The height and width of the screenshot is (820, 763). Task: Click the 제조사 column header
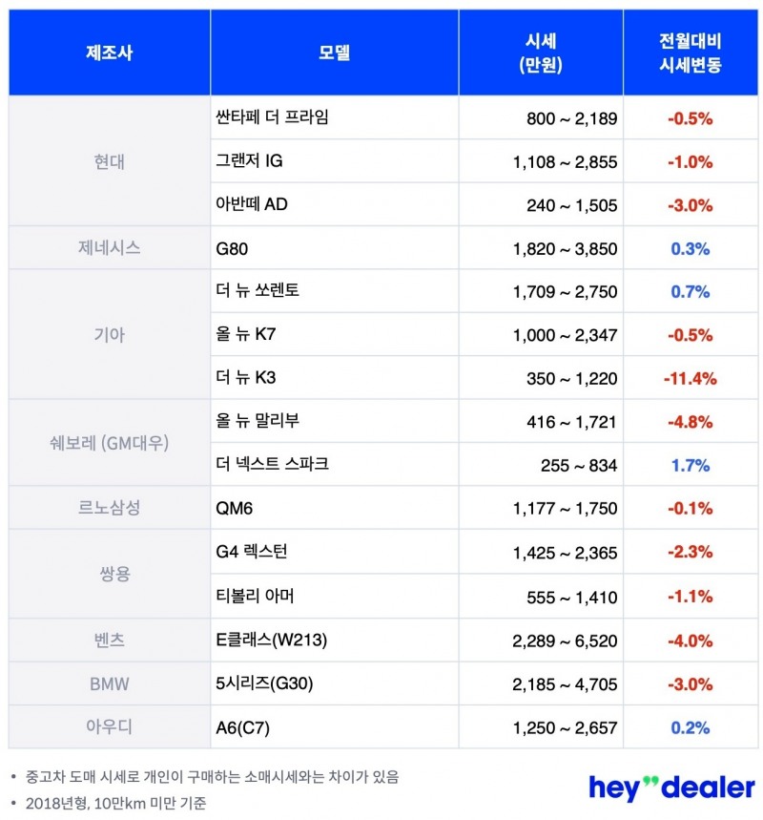pyautogui.click(x=109, y=53)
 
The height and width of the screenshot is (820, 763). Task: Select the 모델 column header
pyautogui.click(x=334, y=53)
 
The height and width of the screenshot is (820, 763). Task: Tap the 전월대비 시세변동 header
pyautogui.click(x=691, y=53)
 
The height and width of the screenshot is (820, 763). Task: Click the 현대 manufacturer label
pyautogui.click(x=109, y=161)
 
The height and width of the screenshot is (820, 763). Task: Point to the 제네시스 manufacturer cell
pyautogui.click(x=109, y=248)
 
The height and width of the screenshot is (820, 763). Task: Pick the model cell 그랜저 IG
pyautogui.click(x=250, y=161)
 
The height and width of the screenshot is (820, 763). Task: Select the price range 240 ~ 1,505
pyautogui.click(x=571, y=205)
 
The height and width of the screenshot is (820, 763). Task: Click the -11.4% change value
pyautogui.click(x=690, y=378)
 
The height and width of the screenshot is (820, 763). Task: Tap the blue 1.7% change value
pyautogui.click(x=691, y=465)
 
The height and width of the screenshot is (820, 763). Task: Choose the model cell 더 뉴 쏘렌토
pyautogui.click(x=258, y=290)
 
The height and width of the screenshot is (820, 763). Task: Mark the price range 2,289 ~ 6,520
pyautogui.click(x=565, y=640)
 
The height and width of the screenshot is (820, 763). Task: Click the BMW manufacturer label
pyautogui.click(x=109, y=683)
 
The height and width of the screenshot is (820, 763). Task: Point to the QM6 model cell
pyautogui.click(x=236, y=508)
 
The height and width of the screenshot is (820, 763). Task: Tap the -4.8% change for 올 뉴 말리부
pyautogui.click(x=691, y=421)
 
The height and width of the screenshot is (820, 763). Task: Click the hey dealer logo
pyautogui.click(x=671, y=787)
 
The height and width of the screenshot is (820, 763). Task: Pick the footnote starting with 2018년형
pyautogui.click(x=115, y=803)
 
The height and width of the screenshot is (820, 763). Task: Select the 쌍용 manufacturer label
pyautogui.click(x=109, y=575)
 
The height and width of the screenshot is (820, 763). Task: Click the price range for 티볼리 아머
pyautogui.click(x=571, y=597)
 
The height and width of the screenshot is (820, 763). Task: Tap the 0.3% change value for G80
pyautogui.click(x=691, y=248)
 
